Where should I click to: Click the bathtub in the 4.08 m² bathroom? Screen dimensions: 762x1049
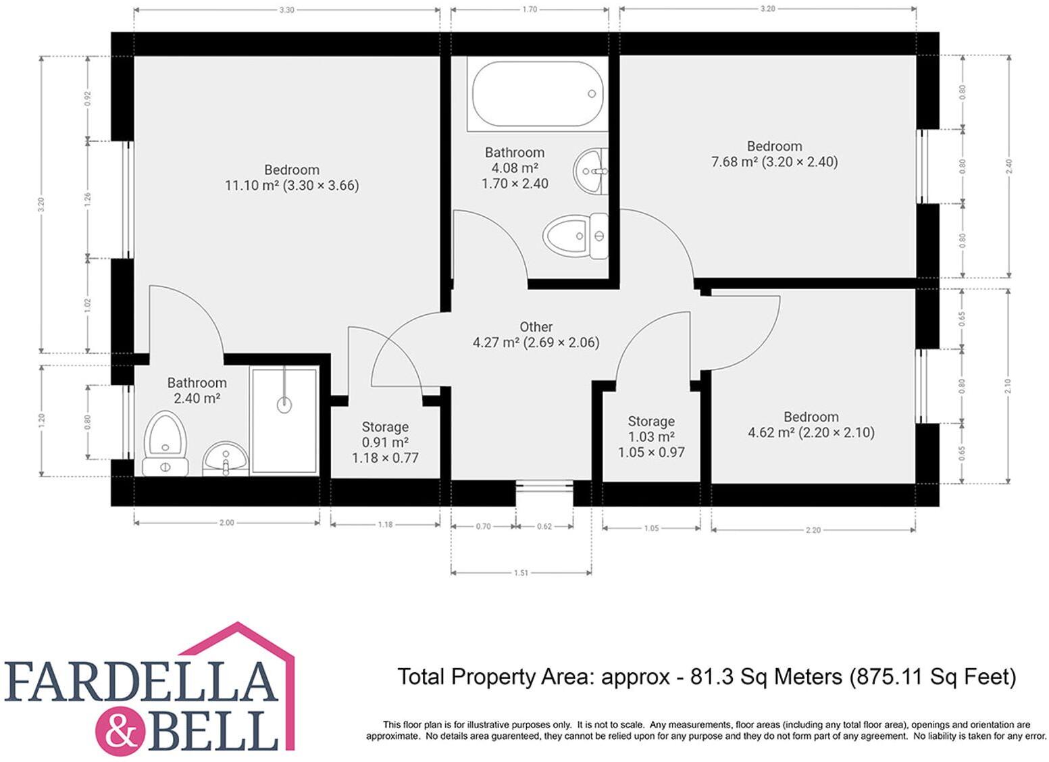click(x=537, y=94)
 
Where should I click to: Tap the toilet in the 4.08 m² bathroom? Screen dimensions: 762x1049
click(x=575, y=236)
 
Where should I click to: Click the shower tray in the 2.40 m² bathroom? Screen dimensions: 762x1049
click(x=284, y=420)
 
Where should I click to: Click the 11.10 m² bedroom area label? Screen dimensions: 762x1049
click(x=292, y=185)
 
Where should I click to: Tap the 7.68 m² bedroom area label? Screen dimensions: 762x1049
click(x=774, y=162)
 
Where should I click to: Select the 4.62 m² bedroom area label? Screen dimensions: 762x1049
click(x=811, y=432)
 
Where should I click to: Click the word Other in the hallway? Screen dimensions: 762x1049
click(x=536, y=327)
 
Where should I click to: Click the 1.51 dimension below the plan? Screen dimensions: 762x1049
click(x=521, y=573)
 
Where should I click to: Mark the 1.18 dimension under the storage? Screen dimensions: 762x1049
click(x=385, y=524)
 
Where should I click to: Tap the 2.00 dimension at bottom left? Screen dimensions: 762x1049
click(x=226, y=522)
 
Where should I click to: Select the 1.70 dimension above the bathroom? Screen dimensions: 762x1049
click(x=530, y=9)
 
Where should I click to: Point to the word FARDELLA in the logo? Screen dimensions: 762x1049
click(x=142, y=682)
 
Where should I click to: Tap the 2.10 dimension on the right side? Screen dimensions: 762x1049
click(x=1008, y=386)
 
